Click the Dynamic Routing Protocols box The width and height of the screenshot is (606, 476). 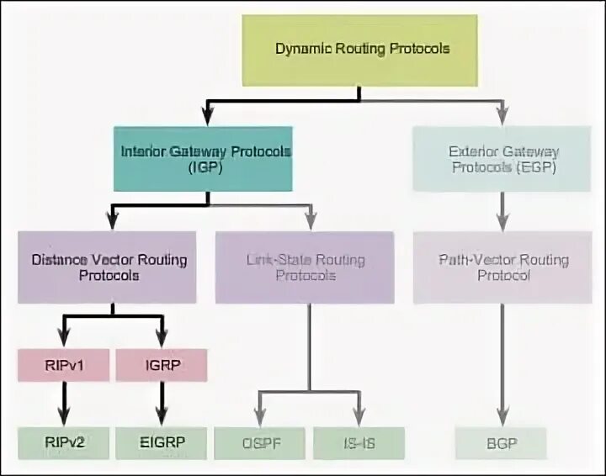(363, 49)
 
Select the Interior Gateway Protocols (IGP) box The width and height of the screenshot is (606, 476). (205, 159)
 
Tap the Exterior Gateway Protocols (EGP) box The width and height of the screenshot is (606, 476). (503, 159)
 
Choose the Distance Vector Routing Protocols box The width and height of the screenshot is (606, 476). (107, 267)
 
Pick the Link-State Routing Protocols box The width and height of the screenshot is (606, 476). (304, 267)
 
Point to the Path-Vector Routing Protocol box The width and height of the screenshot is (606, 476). (503, 267)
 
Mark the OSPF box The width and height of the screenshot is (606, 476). (258, 442)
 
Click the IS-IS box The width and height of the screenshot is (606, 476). (359, 442)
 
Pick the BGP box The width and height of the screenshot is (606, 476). (502, 442)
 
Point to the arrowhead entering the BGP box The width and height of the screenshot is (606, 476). (503, 418)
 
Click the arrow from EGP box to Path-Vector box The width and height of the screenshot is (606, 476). (503, 210)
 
